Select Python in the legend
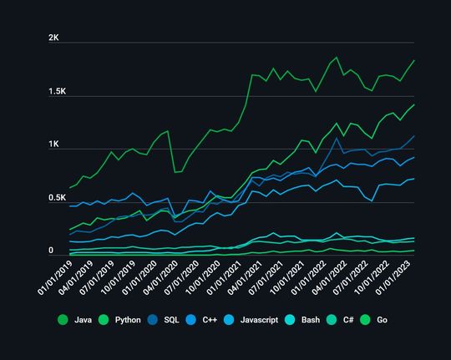[x=124, y=319]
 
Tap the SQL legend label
[x=170, y=319]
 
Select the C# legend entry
[x=346, y=319]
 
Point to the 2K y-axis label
[x=53, y=38]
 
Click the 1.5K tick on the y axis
[x=57, y=91]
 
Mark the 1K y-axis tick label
[x=53, y=145]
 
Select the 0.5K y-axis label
[x=57, y=198]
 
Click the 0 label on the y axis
[x=50, y=251]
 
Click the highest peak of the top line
[x=337, y=58]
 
